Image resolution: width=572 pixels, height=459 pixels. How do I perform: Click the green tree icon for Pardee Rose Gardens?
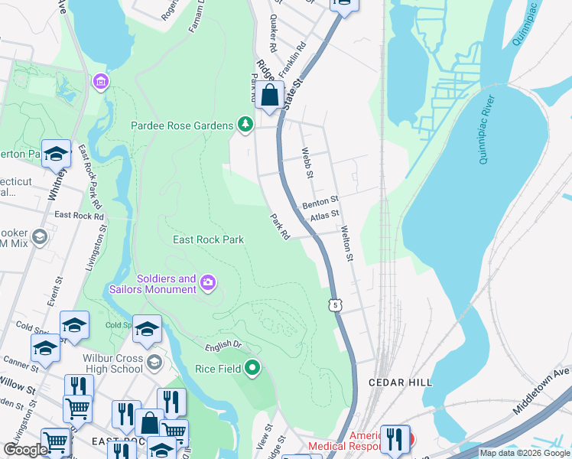point(245,125)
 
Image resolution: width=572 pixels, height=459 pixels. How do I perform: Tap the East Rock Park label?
point(208,239)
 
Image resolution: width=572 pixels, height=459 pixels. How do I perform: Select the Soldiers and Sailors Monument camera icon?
point(207,285)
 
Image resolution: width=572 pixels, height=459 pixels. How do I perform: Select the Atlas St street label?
point(324,218)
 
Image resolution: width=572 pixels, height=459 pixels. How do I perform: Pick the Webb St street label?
point(308,164)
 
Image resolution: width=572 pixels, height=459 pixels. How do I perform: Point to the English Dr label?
point(223,346)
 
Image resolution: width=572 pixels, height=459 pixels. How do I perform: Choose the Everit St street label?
point(53,292)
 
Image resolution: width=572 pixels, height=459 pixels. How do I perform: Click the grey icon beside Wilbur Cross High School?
point(154,362)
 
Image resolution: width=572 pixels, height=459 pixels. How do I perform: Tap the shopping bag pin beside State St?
point(269,96)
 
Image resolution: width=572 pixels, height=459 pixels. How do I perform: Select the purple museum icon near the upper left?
point(99,81)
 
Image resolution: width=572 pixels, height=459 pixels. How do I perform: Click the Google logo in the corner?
point(25,450)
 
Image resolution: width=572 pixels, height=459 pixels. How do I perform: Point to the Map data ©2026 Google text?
point(525,453)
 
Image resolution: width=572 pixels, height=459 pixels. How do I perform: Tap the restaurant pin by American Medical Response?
point(395,439)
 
